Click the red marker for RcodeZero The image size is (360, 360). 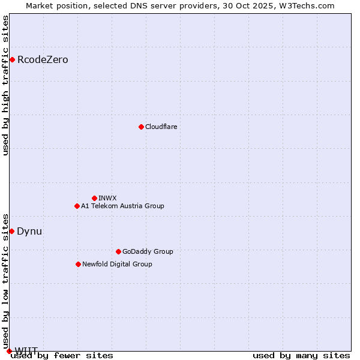pyautogui.click(x=12, y=59)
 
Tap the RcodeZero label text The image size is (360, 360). pyautogui.click(x=43, y=60)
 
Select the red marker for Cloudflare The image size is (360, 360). pyautogui.click(x=141, y=127)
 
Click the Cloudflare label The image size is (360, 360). pyautogui.click(x=161, y=127)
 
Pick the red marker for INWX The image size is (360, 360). pyautogui.click(x=94, y=198)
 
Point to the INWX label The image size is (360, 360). pyautogui.click(x=107, y=198)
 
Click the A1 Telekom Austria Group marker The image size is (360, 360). pyautogui.click(x=77, y=206)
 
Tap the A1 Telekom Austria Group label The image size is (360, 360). pyautogui.click(x=122, y=206)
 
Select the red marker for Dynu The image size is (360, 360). pyautogui.click(x=11, y=231)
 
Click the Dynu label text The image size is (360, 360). pyautogui.click(x=29, y=231)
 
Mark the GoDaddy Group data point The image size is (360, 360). pyautogui.click(x=118, y=251)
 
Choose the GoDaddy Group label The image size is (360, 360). pyautogui.click(x=148, y=251)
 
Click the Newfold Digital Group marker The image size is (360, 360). pyautogui.click(x=78, y=264)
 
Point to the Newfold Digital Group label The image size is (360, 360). pyautogui.click(x=117, y=264)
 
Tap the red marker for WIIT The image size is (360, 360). pyautogui.click(x=9, y=350)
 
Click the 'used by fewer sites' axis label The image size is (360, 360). pyautogui.click(x=62, y=355)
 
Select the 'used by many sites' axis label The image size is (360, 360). pyautogui.click(x=301, y=355)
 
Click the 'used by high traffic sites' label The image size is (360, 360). pyautogui.click(x=5, y=85)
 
